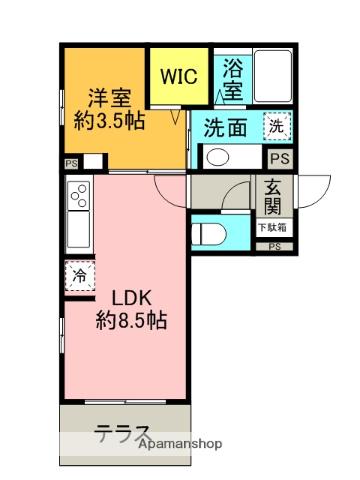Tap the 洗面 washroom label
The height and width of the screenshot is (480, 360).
[227, 128]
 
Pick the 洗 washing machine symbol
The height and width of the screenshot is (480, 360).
[276, 127]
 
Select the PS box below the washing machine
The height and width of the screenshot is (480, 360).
[278, 158]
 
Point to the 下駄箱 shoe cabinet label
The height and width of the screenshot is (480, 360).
[272, 228]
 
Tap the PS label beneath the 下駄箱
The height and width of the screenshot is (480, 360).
[275, 246]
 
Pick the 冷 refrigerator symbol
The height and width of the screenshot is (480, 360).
[77, 273]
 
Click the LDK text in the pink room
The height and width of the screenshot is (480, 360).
[129, 298]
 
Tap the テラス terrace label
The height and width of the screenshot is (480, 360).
[123, 433]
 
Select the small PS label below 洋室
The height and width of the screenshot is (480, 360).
[70, 162]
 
